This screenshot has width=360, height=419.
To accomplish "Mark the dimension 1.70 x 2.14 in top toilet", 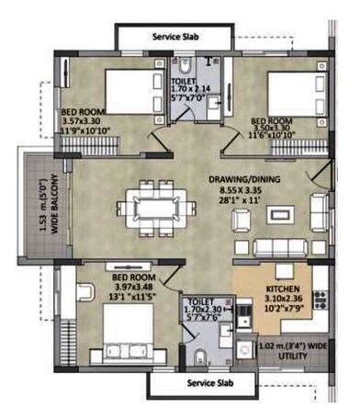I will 189,90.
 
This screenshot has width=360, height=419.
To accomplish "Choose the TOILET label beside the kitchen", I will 201,300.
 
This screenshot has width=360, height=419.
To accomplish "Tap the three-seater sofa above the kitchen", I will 275,247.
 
